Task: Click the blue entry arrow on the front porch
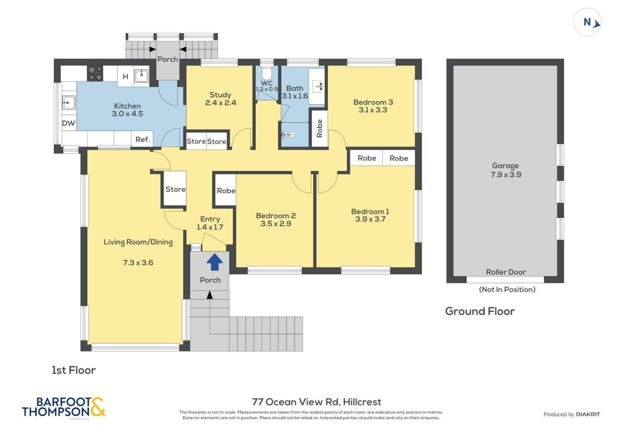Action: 215,262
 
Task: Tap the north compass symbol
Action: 587,22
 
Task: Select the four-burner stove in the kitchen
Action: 95,73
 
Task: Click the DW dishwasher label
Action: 69,123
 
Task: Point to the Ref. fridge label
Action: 142,140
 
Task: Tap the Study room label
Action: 220,95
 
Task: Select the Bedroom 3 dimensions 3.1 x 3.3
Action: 373,110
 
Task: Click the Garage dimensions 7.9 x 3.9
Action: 506,175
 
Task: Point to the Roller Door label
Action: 506,272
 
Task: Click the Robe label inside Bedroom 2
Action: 226,191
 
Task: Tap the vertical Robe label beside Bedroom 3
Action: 319,128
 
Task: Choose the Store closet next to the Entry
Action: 176,189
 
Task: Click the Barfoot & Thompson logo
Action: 64,407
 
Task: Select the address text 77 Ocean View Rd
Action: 296,402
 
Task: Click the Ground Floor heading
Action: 480,311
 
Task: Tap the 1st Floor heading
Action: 74,370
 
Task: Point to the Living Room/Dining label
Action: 138,242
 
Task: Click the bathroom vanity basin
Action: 317,86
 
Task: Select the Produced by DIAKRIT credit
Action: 571,415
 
